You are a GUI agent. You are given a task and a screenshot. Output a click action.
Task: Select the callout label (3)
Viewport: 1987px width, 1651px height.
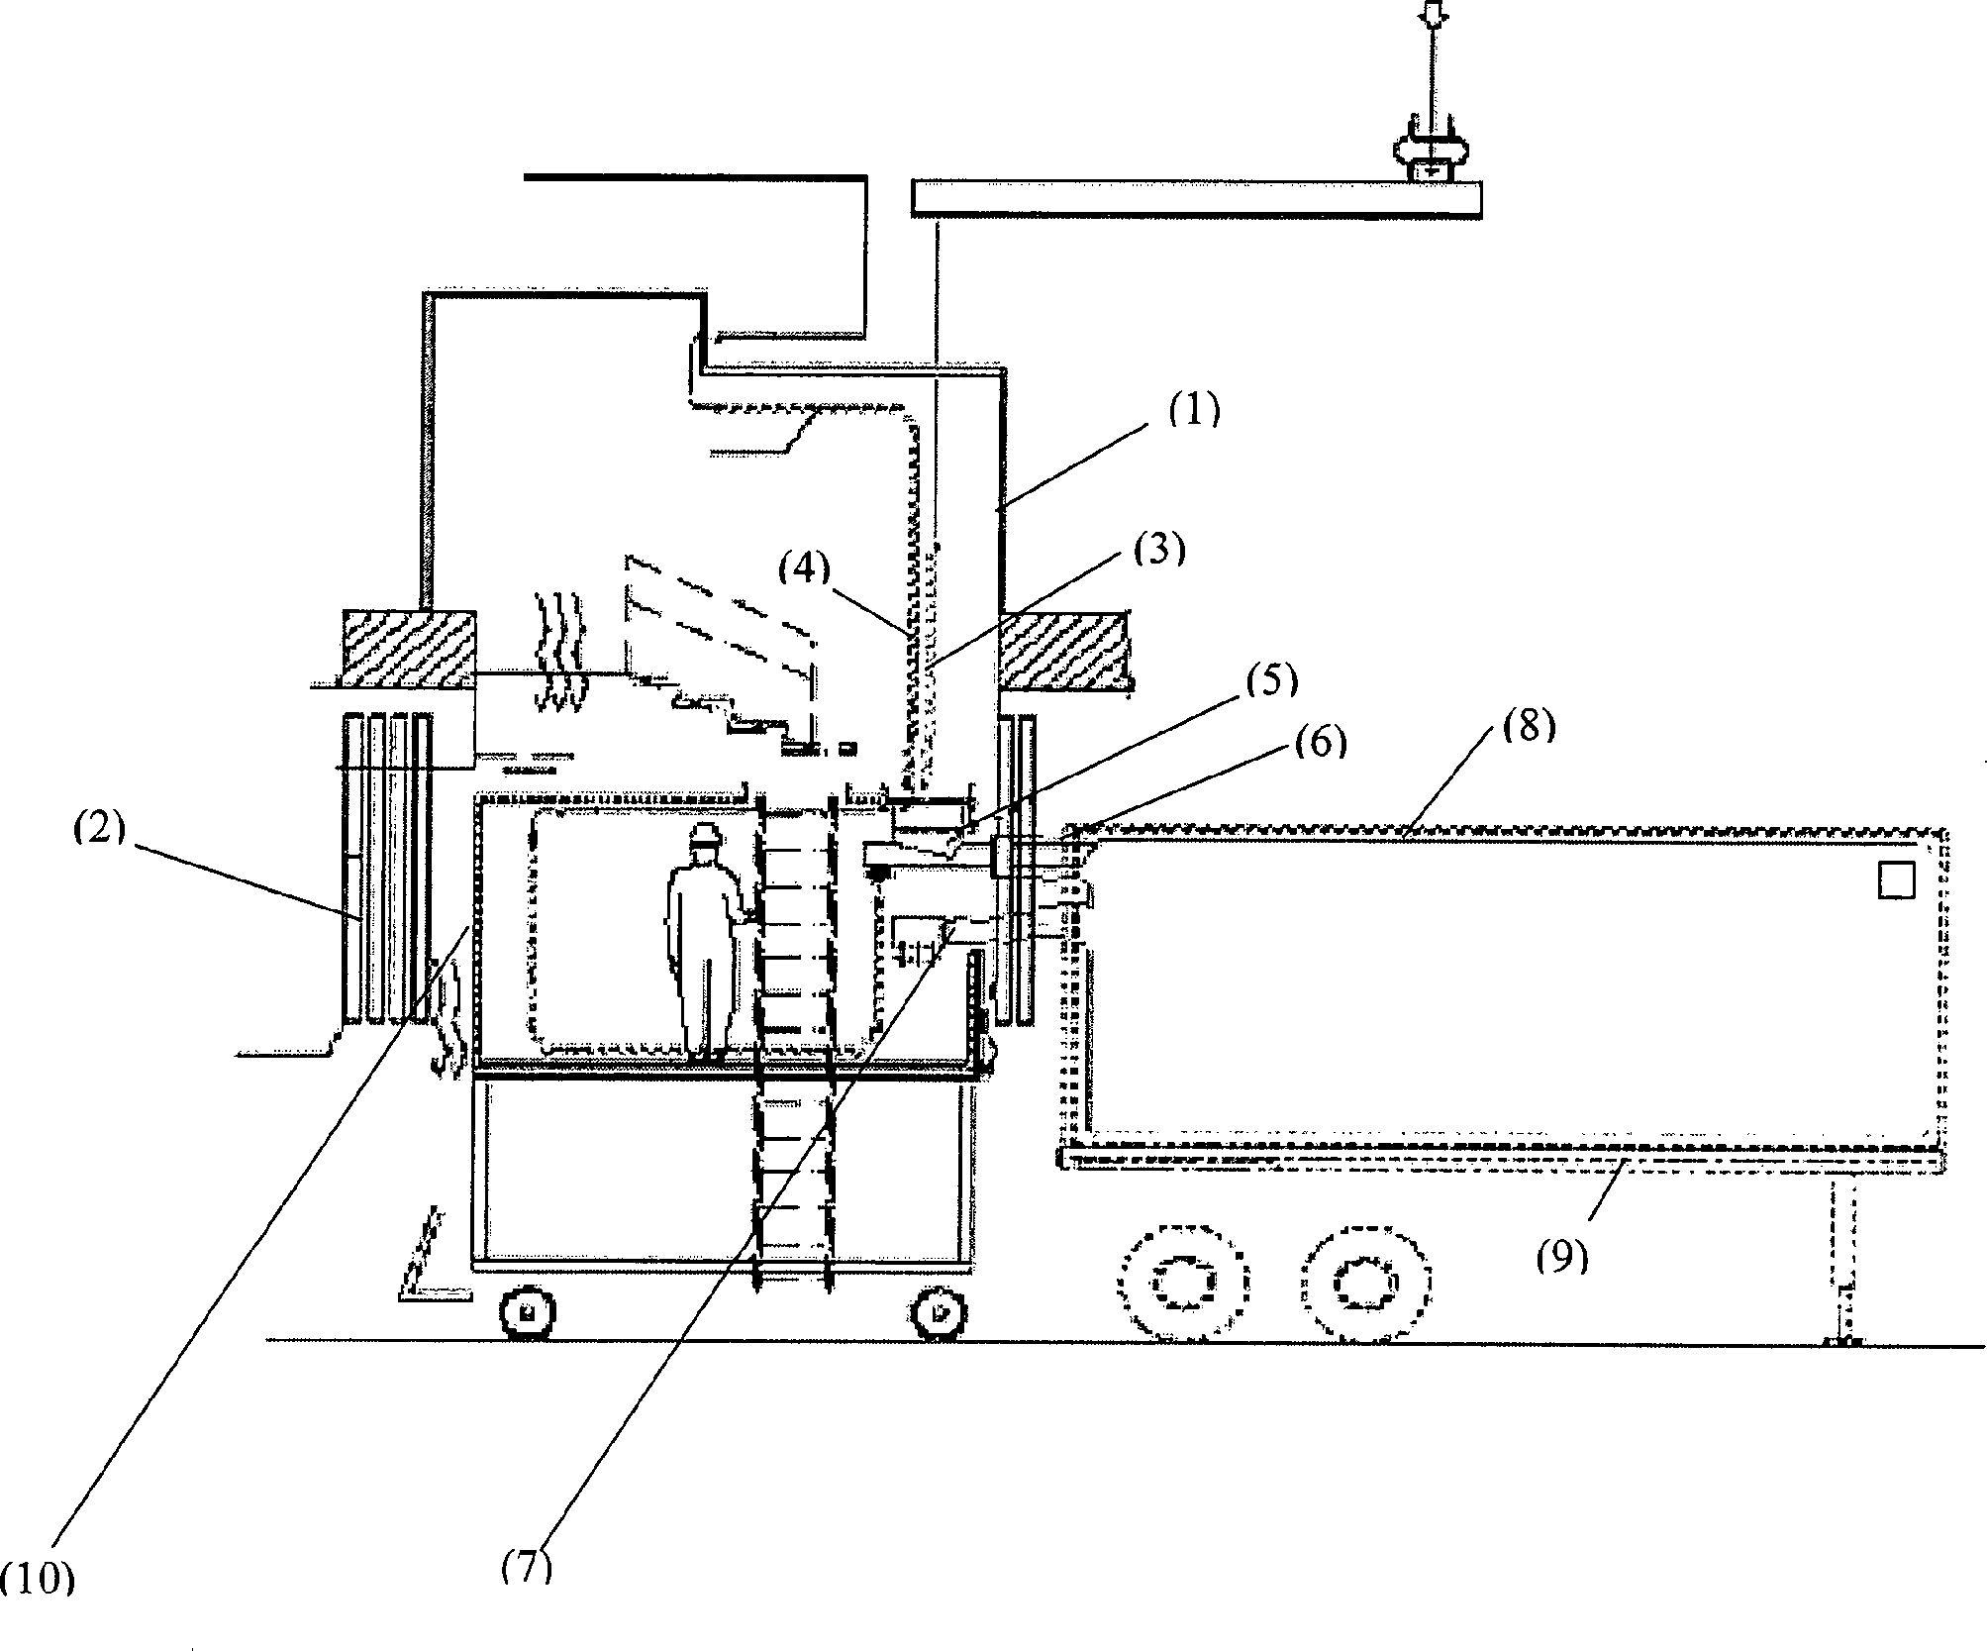(x=1159, y=551)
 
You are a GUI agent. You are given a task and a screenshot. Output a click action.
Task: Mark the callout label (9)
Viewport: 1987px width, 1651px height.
(x=1562, y=1256)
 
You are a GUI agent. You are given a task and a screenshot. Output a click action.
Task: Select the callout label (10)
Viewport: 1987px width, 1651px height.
(x=37, y=1608)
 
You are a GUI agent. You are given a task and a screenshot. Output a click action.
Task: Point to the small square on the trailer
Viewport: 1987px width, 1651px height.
(x=1896, y=879)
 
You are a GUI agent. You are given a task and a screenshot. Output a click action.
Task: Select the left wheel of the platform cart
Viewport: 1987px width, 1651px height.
(x=526, y=1313)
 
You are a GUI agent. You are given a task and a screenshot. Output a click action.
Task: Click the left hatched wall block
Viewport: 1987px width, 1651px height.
(x=408, y=647)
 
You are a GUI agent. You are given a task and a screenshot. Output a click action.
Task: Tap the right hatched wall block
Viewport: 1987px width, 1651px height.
(x=1063, y=649)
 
